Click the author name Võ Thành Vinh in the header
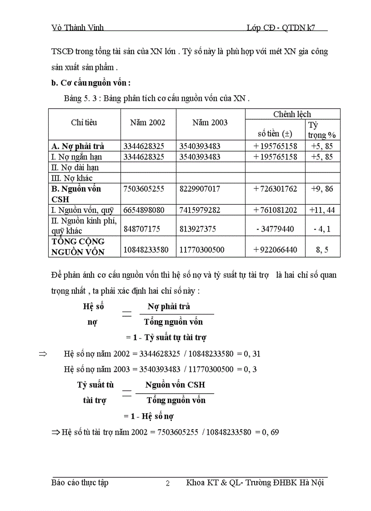tap(77, 28)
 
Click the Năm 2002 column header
tap(148, 122)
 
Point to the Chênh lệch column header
tap(292, 114)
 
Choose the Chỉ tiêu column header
tap(84, 122)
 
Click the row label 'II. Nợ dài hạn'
tap(75, 167)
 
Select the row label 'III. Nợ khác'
tap(73, 178)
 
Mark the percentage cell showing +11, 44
tap(322, 210)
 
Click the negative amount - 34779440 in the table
tap(275, 229)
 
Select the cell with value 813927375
tap(197, 229)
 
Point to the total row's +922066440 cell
tap(276, 250)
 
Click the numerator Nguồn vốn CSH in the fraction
tap(175, 385)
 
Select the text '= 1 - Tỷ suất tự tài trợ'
tap(166, 338)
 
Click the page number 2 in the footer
tap(167, 484)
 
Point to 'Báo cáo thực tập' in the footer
tap(80, 483)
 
